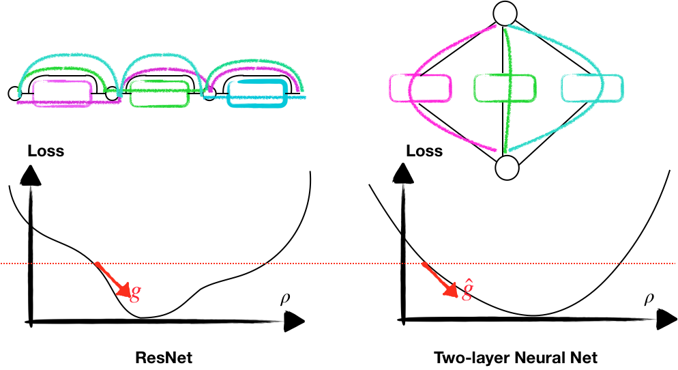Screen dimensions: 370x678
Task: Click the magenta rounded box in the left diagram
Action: pyautogui.click(x=62, y=94)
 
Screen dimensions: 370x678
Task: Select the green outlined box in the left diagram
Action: pyautogui.click(x=159, y=94)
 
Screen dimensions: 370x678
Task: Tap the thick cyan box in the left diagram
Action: pyautogui.click(x=256, y=94)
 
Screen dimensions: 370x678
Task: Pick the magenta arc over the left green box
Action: pyautogui.click(x=164, y=69)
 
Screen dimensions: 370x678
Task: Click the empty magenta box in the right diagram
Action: pyautogui.click(x=420, y=88)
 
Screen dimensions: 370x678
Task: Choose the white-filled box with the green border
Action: pyautogui.click(x=505, y=88)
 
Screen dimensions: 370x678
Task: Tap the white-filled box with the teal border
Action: pyautogui.click(x=592, y=88)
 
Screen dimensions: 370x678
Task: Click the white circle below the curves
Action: pyautogui.click(x=507, y=167)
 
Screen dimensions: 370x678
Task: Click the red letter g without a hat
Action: pyautogui.click(x=135, y=292)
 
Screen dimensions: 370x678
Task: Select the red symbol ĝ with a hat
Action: pyautogui.click(x=467, y=290)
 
